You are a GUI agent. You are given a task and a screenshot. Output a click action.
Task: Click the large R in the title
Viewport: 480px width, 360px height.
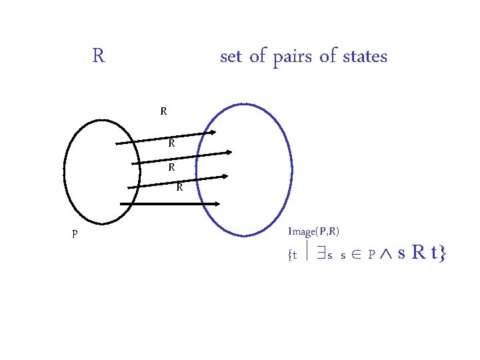pos(98,55)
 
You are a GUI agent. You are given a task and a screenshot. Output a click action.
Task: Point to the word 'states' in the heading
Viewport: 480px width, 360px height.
pos(365,57)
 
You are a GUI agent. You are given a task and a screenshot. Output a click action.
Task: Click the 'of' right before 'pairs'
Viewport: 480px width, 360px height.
pos(257,57)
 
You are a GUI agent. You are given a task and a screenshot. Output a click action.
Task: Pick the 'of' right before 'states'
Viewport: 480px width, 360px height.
pos(328,57)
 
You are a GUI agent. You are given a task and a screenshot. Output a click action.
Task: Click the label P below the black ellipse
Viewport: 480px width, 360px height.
pos(75,234)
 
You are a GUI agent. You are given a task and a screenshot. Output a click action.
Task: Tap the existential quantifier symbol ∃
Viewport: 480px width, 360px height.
pos(319,255)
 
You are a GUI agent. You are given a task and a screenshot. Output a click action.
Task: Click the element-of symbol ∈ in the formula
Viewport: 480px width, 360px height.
pos(355,255)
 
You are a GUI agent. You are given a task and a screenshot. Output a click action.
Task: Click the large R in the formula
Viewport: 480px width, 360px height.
pos(419,253)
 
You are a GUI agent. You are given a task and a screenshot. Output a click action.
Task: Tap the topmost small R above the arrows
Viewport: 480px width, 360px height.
pos(163,111)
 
